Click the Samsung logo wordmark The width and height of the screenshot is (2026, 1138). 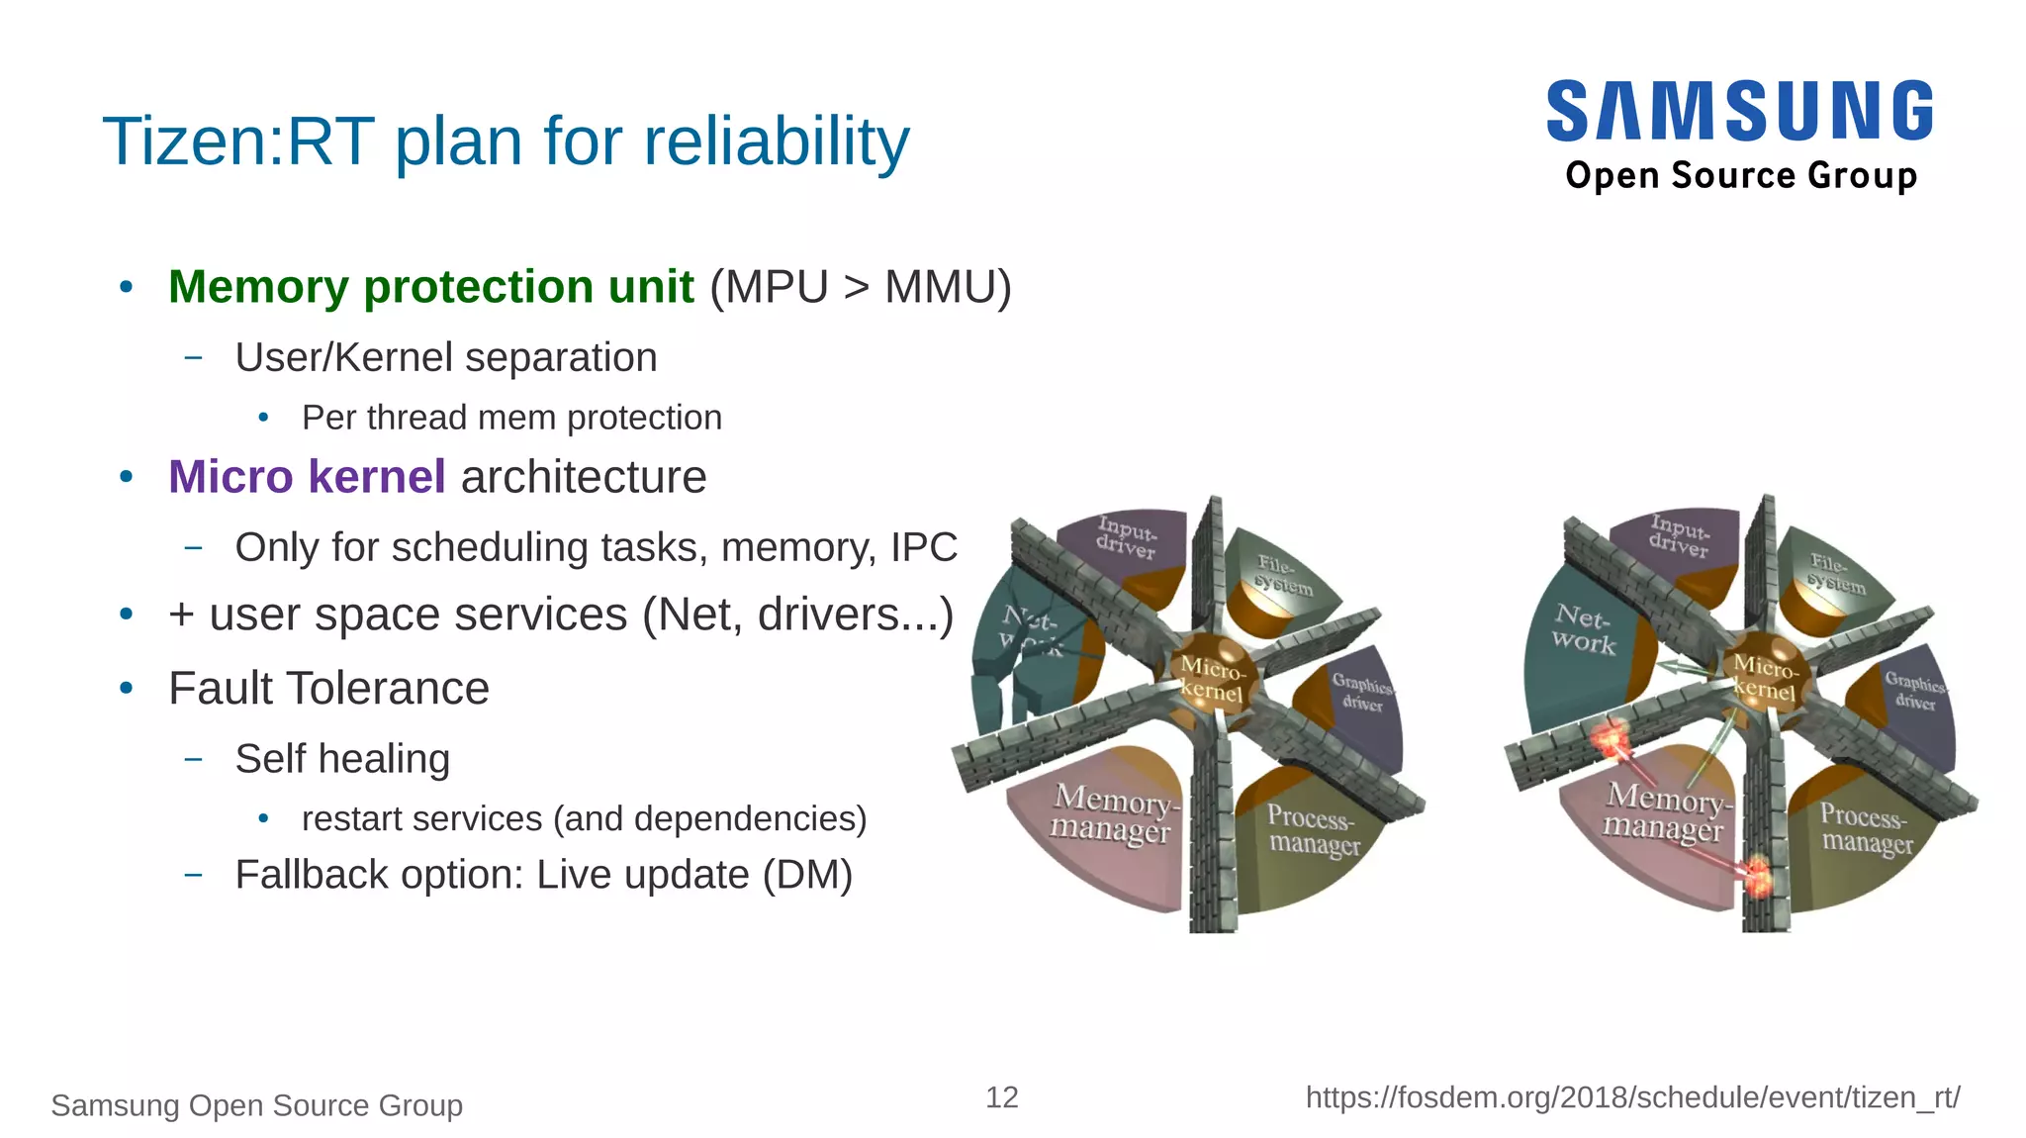point(1739,111)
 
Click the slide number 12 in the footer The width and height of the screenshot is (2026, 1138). point(1001,1096)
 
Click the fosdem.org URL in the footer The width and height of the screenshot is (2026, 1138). point(1632,1096)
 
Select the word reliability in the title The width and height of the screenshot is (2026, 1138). point(776,141)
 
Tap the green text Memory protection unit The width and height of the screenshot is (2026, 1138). point(430,287)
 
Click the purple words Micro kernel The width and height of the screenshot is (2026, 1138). point(307,477)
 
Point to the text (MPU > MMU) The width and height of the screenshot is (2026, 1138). point(860,287)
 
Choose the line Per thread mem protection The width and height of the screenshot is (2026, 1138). point(510,418)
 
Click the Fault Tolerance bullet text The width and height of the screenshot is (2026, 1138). point(328,688)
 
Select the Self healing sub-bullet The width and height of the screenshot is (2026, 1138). point(342,759)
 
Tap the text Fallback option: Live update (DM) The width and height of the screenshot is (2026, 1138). point(543,875)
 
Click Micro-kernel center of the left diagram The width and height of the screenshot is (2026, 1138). point(1213,678)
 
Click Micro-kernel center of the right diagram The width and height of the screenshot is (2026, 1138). point(1766,678)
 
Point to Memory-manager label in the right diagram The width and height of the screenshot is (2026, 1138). point(1666,811)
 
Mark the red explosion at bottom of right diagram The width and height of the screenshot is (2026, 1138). point(1757,877)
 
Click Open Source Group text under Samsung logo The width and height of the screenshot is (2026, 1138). point(1741,175)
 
